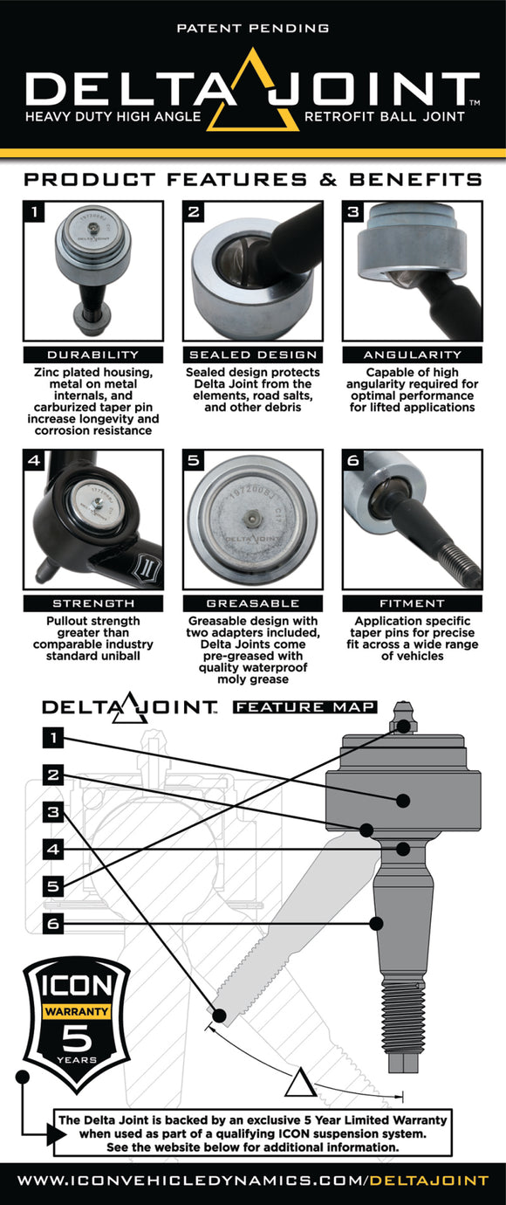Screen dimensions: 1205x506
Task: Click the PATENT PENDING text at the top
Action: click(253, 29)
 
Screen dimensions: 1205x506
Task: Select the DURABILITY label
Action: click(92, 355)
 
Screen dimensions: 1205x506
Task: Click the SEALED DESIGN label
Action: click(252, 355)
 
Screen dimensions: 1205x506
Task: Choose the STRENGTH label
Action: click(92, 603)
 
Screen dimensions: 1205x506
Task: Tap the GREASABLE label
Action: click(252, 603)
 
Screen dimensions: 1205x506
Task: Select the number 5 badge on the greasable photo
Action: click(194, 461)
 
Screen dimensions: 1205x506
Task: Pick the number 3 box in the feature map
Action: click(54, 812)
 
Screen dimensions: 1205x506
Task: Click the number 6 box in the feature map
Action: click(54, 923)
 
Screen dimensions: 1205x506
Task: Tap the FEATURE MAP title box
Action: click(304, 706)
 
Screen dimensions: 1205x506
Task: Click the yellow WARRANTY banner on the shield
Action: click(79, 1012)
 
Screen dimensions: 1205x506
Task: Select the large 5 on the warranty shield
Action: click(79, 1039)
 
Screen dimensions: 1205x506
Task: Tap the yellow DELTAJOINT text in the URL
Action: click(428, 1181)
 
